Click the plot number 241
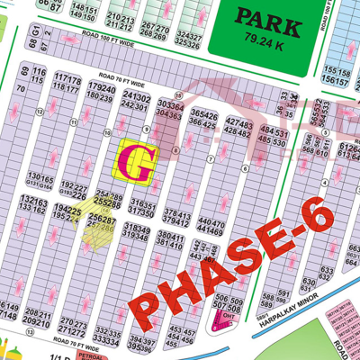pos(130,95)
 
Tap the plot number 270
pos(65,321)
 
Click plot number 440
pos(203,221)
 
